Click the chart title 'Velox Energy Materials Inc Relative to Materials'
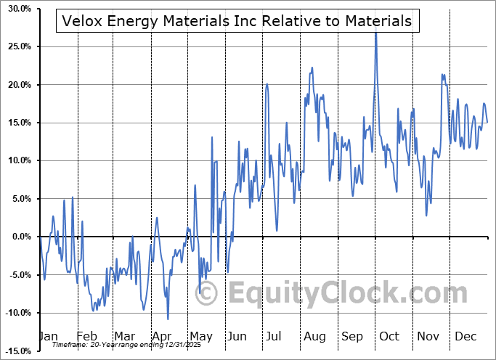(237, 22)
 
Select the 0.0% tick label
(20, 237)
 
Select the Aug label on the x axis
(314, 337)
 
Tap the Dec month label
(465, 337)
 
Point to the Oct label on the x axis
(389, 337)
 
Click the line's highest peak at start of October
(375, 31)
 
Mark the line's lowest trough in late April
(168, 319)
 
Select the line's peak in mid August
(312, 67)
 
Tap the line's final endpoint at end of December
(487, 122)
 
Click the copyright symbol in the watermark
(208, 293)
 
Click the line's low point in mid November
(427, 215)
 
